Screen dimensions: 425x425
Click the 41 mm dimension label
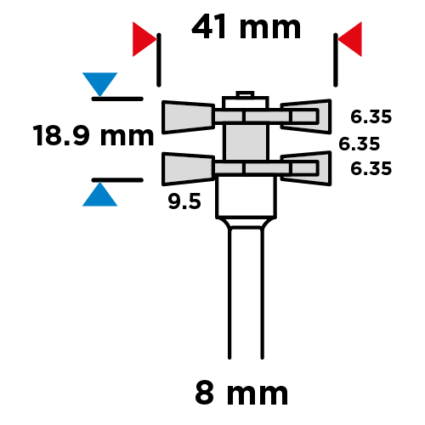click(x=246, y=27)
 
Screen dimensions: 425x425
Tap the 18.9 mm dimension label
click(x=93, y=135)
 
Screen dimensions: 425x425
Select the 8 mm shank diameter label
click(x=241, y=394)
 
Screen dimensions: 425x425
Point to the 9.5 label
click(x=184, y=201)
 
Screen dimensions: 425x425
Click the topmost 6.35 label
click(x=371, y=116)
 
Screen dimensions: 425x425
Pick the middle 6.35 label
click(x=359, y=144)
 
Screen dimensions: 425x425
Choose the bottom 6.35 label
click(x=371, y=168)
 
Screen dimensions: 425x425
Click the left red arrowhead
click(x=144, y=39)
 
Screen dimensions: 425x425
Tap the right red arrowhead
click(x=349, y=39)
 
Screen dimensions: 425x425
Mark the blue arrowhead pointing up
click(x=99, y=194)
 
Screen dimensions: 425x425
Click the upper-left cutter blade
click(x=188, y=117)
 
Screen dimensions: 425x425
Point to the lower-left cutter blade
click(x=188, y=169)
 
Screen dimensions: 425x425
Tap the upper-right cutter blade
click(x=307, y=116)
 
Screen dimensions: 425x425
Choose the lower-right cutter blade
click(x=307, y=168)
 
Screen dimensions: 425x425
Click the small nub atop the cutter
click(x=245, y=93)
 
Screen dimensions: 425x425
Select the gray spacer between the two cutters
click(x=246, y=142)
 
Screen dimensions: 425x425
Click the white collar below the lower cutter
click(x=246, y=197)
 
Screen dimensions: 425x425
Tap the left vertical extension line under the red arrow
click(x=159, y=59)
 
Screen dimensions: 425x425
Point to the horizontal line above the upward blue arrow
click(x=117, y=180)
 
